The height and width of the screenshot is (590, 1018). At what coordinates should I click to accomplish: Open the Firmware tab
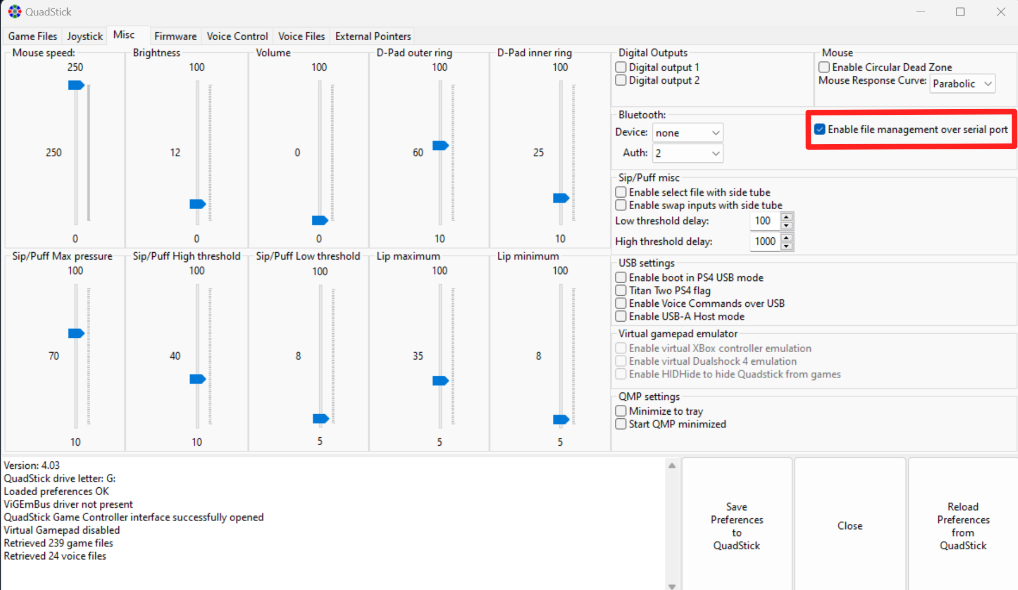175,36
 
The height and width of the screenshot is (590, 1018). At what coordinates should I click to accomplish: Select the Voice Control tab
237,36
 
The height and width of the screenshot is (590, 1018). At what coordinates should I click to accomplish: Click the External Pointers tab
373,36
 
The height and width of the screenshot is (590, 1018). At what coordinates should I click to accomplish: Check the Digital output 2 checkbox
621,80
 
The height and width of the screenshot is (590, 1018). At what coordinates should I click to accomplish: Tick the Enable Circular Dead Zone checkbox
824,67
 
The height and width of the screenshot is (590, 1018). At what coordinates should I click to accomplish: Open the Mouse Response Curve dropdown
962,84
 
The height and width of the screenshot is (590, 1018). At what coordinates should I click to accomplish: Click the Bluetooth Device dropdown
687,133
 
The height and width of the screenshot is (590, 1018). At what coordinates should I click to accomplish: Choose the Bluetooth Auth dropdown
687,153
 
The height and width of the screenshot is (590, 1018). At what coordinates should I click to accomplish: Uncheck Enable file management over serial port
820,129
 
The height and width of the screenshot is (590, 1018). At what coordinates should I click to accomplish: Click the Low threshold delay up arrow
787,217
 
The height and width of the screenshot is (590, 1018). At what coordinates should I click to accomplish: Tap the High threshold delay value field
765,242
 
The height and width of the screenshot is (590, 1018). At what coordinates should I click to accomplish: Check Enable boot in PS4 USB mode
621,277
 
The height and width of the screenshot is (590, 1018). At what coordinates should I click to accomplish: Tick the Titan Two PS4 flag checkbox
621,291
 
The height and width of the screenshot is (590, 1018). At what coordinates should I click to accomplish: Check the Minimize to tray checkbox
621,411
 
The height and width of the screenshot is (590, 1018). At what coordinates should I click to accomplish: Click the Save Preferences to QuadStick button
737,526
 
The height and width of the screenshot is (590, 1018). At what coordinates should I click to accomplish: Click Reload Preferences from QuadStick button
963,526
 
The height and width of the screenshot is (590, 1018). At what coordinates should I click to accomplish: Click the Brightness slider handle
198,204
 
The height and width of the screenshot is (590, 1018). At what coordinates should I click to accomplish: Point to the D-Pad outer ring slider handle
440,145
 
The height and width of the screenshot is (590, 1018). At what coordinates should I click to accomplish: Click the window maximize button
960,12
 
